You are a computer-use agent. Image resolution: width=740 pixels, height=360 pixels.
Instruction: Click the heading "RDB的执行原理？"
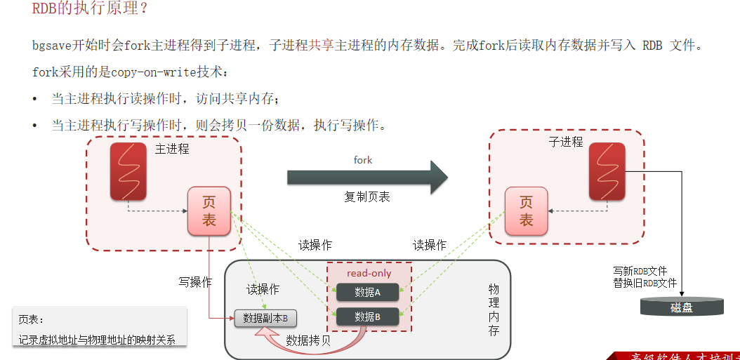click(90, 10)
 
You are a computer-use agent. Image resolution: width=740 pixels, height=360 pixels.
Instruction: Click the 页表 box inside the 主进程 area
click(209, 211)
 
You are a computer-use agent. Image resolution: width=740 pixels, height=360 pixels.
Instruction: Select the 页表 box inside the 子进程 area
click(526, 211)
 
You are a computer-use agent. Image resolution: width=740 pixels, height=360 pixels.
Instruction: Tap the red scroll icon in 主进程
click(128, 171)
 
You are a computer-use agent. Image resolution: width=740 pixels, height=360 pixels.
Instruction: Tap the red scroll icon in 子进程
click(607, 171)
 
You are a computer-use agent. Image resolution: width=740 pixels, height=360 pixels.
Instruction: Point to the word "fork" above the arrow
click(363, 160)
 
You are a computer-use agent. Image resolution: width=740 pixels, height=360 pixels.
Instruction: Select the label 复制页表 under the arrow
click(366, 196)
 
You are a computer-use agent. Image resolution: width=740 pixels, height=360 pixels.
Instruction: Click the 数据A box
click(367, 292)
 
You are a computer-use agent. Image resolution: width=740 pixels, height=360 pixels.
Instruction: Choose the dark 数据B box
click(367, 316)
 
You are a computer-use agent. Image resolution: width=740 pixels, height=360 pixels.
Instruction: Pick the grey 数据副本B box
click(265, 319)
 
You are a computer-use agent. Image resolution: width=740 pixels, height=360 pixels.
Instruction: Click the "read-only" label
click(369, 273)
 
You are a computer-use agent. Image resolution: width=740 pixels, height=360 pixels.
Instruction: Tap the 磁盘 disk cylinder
click(681, 307)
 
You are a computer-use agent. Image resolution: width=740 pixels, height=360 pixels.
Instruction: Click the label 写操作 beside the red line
click(194, 282)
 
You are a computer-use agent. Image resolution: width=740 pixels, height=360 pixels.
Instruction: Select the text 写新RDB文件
click(640, 271)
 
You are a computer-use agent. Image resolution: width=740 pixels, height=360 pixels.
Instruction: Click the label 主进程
click(172, 149)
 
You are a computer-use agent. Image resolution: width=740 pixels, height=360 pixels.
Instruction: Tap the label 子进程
click(566, 142)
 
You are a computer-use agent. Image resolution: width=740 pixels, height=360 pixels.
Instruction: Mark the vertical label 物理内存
click(494, 309)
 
